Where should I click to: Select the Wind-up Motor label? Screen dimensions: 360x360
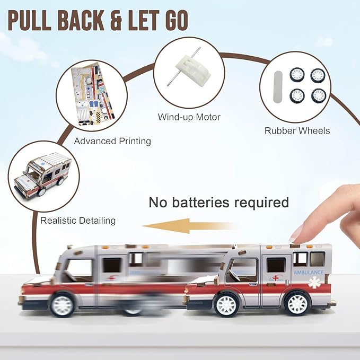coord(189,117)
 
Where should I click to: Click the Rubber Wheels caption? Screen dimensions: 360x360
coord(297,131)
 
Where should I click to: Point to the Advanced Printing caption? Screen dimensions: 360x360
coord(112,141)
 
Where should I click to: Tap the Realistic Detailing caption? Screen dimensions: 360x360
coord(78,221)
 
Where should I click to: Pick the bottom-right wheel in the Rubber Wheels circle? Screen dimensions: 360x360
coord(319,96)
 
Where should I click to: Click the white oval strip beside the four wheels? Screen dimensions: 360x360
coord(277,86)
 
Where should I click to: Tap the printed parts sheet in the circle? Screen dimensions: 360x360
coord(93,94)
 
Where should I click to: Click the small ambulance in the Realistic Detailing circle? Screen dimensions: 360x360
coord(43,174)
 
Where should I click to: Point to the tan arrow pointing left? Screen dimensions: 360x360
coord(190,226)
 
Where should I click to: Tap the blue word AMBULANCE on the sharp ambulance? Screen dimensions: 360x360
coord(309,273)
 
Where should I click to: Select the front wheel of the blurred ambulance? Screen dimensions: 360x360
coord(62,305)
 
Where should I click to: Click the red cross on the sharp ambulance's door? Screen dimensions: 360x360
coord(276,278)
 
